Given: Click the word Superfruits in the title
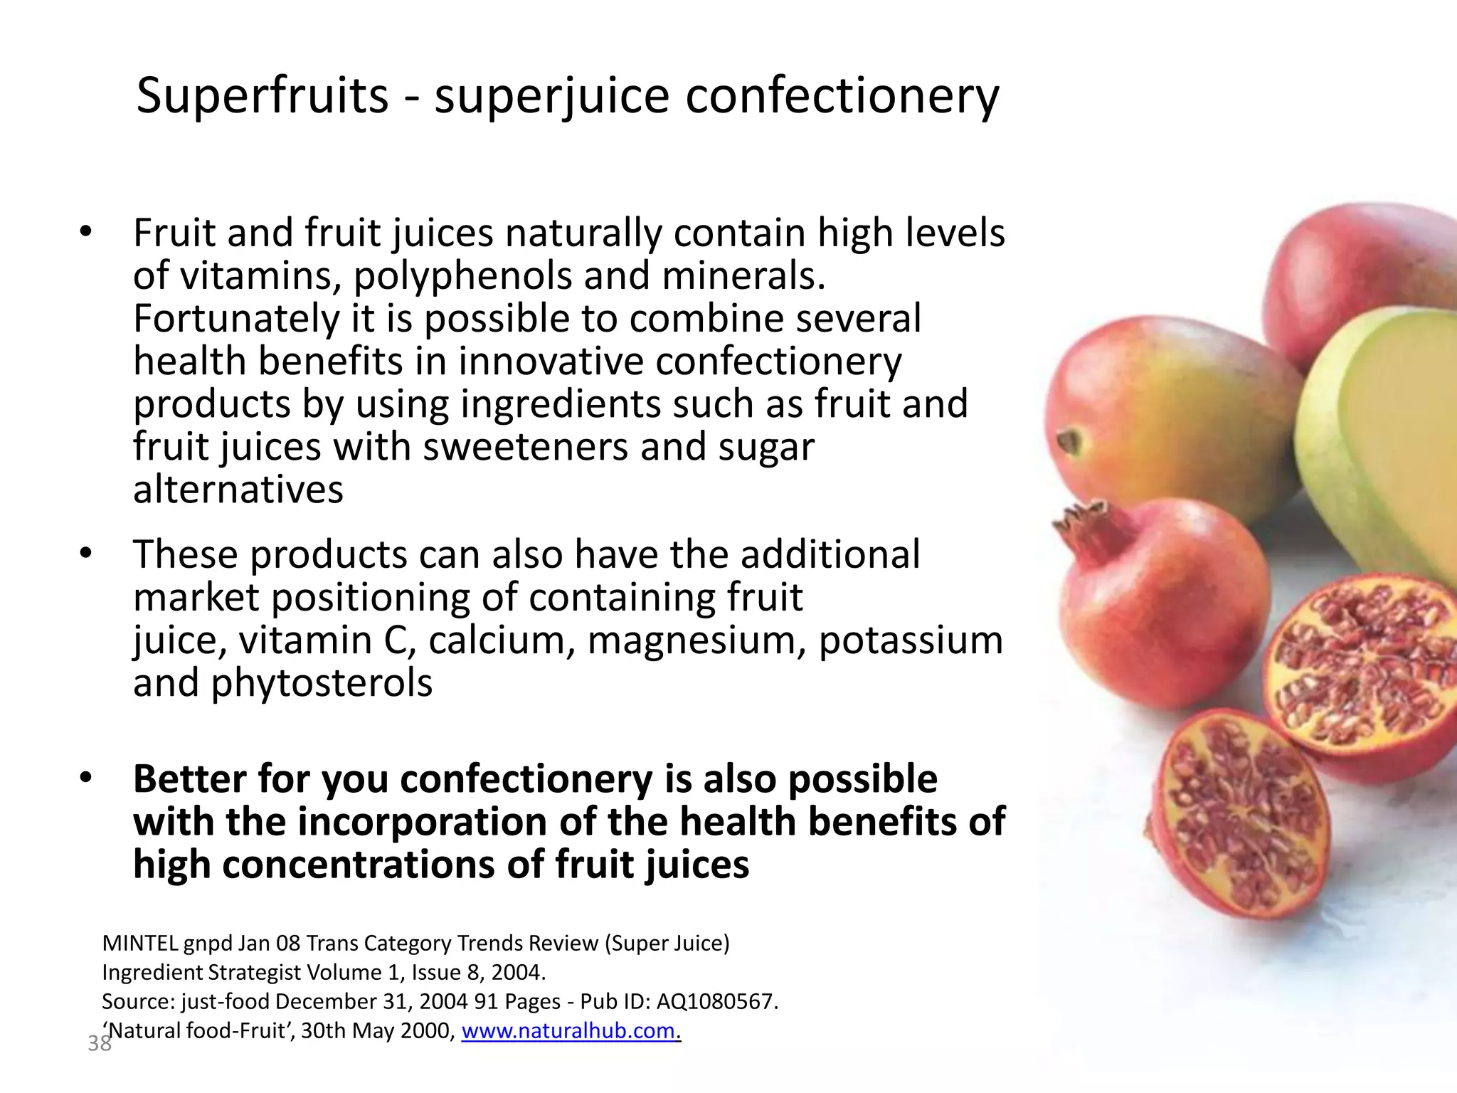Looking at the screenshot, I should tap(262, 96).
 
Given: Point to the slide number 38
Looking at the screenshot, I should tap(99, 1044).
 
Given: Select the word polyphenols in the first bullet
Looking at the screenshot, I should tap(463, 276).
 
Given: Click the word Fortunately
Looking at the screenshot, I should tap(236, 319).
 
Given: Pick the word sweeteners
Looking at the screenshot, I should tap(525, 448).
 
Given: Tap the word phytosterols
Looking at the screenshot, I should tap(322, 683).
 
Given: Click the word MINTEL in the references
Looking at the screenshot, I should tap(140, 943).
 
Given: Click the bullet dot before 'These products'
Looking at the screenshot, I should tap(86, 554).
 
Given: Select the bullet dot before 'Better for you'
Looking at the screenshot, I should tap(86, 778).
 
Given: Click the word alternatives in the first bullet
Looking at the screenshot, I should tap(238, 490).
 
